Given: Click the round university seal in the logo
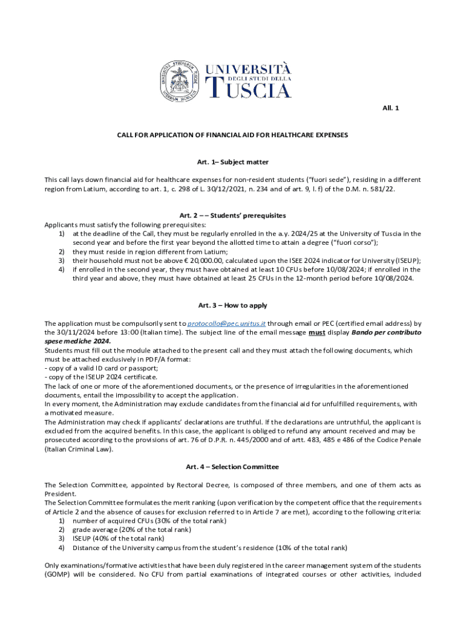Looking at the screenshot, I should tap(180, 80).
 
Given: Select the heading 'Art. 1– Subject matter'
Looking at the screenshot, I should tap(232, 162).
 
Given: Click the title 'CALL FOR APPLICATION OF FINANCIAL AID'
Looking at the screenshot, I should tap(232, 135).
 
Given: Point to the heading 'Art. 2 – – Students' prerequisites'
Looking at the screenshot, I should tap(232, 215).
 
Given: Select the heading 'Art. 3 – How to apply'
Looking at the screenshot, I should tap(232, 305).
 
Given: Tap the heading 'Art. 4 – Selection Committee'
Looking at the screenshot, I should tap(232, 467).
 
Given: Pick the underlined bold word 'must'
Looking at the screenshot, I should tap(317, 332).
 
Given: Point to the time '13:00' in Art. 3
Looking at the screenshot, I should tap(142, 332).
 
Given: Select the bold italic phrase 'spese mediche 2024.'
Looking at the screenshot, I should tap(77, 341).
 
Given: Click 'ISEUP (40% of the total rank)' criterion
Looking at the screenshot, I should tap(118, 538).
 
